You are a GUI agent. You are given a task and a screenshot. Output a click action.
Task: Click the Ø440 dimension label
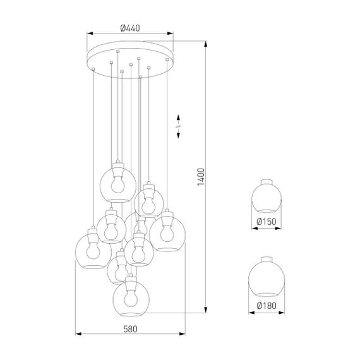click(129, 28)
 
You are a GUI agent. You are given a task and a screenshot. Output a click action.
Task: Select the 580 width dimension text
click(129, 328)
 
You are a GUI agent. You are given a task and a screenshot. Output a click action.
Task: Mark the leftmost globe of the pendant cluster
click(93, 250)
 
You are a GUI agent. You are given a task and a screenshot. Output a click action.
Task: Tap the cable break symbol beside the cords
click(179, 126)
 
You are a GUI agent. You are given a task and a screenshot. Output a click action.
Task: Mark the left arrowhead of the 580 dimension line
click(78, 334)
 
